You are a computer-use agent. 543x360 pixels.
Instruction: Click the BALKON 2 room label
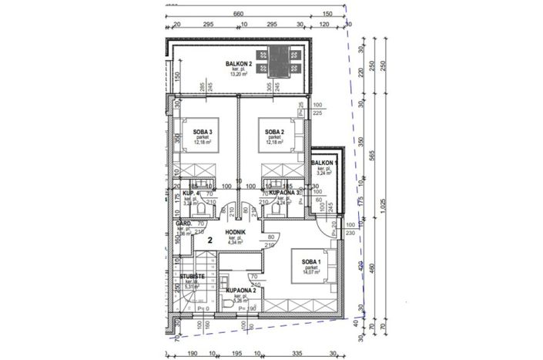coord(240,64)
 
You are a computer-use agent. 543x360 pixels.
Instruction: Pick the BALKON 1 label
coord(324,163)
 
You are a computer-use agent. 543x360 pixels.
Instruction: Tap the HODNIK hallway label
coord(235,232)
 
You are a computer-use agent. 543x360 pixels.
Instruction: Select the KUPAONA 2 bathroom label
coord(241,292)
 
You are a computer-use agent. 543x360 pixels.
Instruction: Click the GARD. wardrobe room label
coord(183,224)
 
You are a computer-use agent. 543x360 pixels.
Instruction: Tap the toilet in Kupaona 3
coord(274,207)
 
